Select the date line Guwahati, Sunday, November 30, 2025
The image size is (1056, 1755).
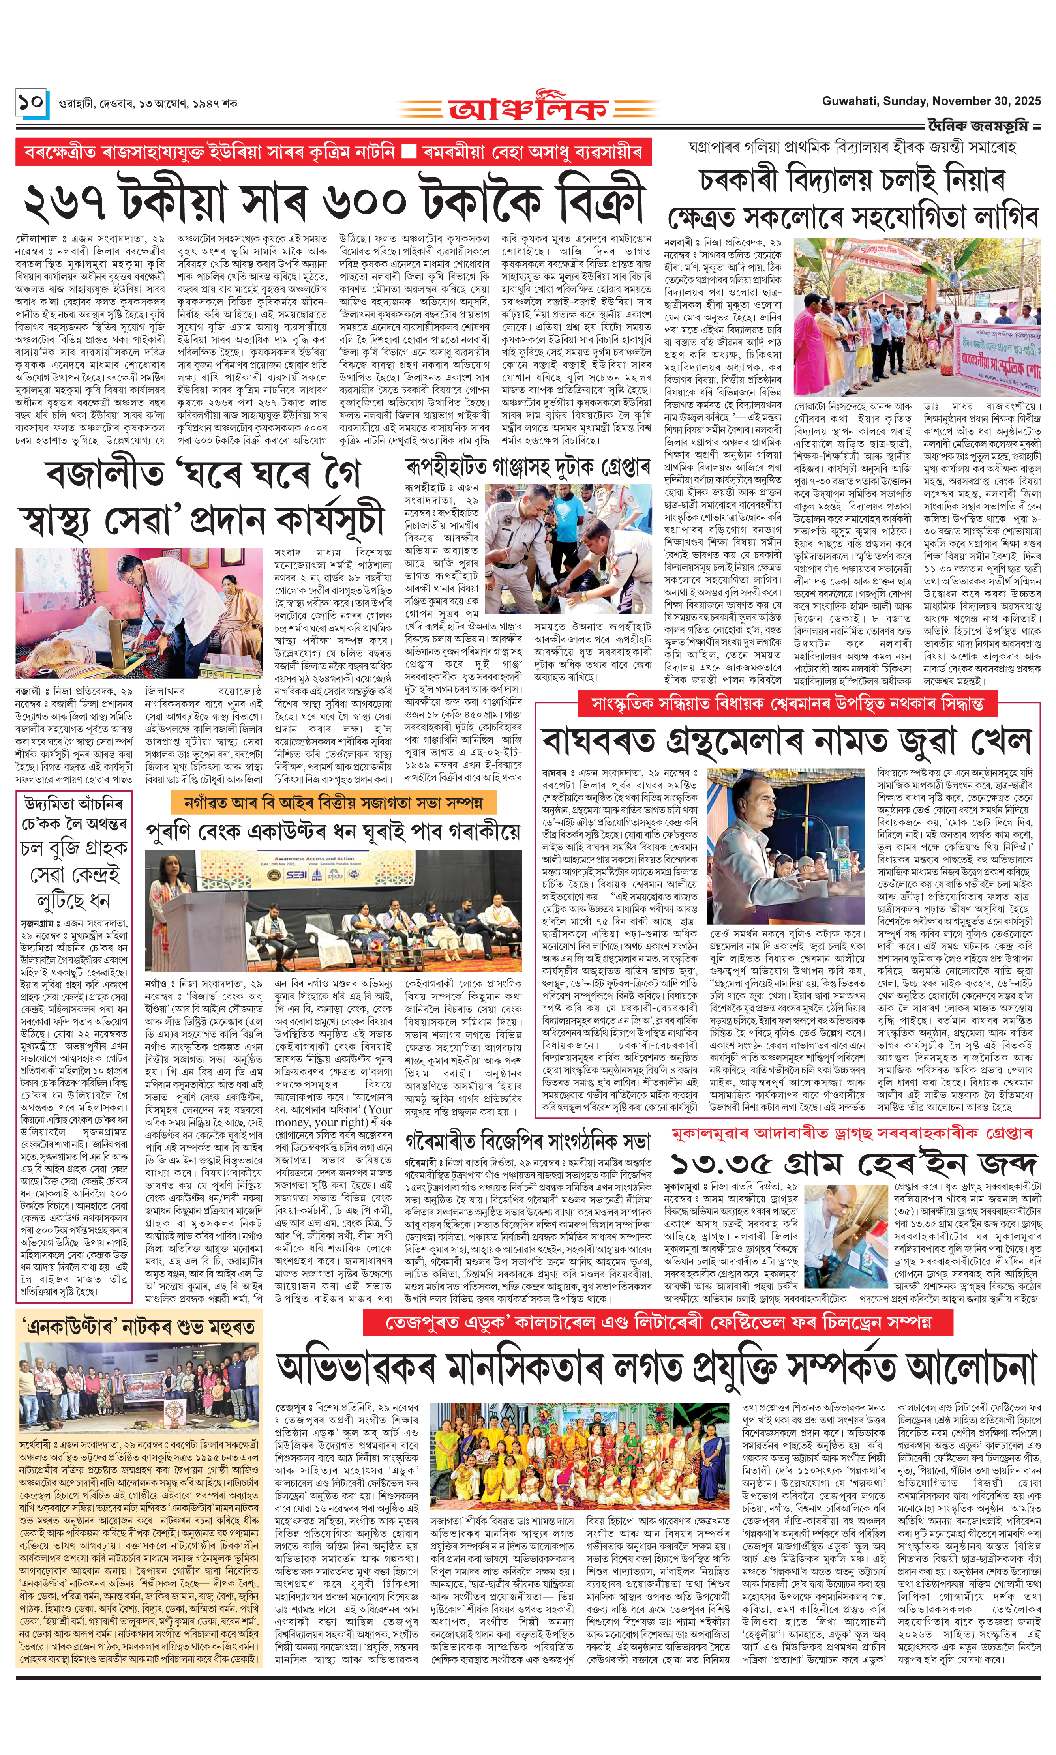point(931,101)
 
